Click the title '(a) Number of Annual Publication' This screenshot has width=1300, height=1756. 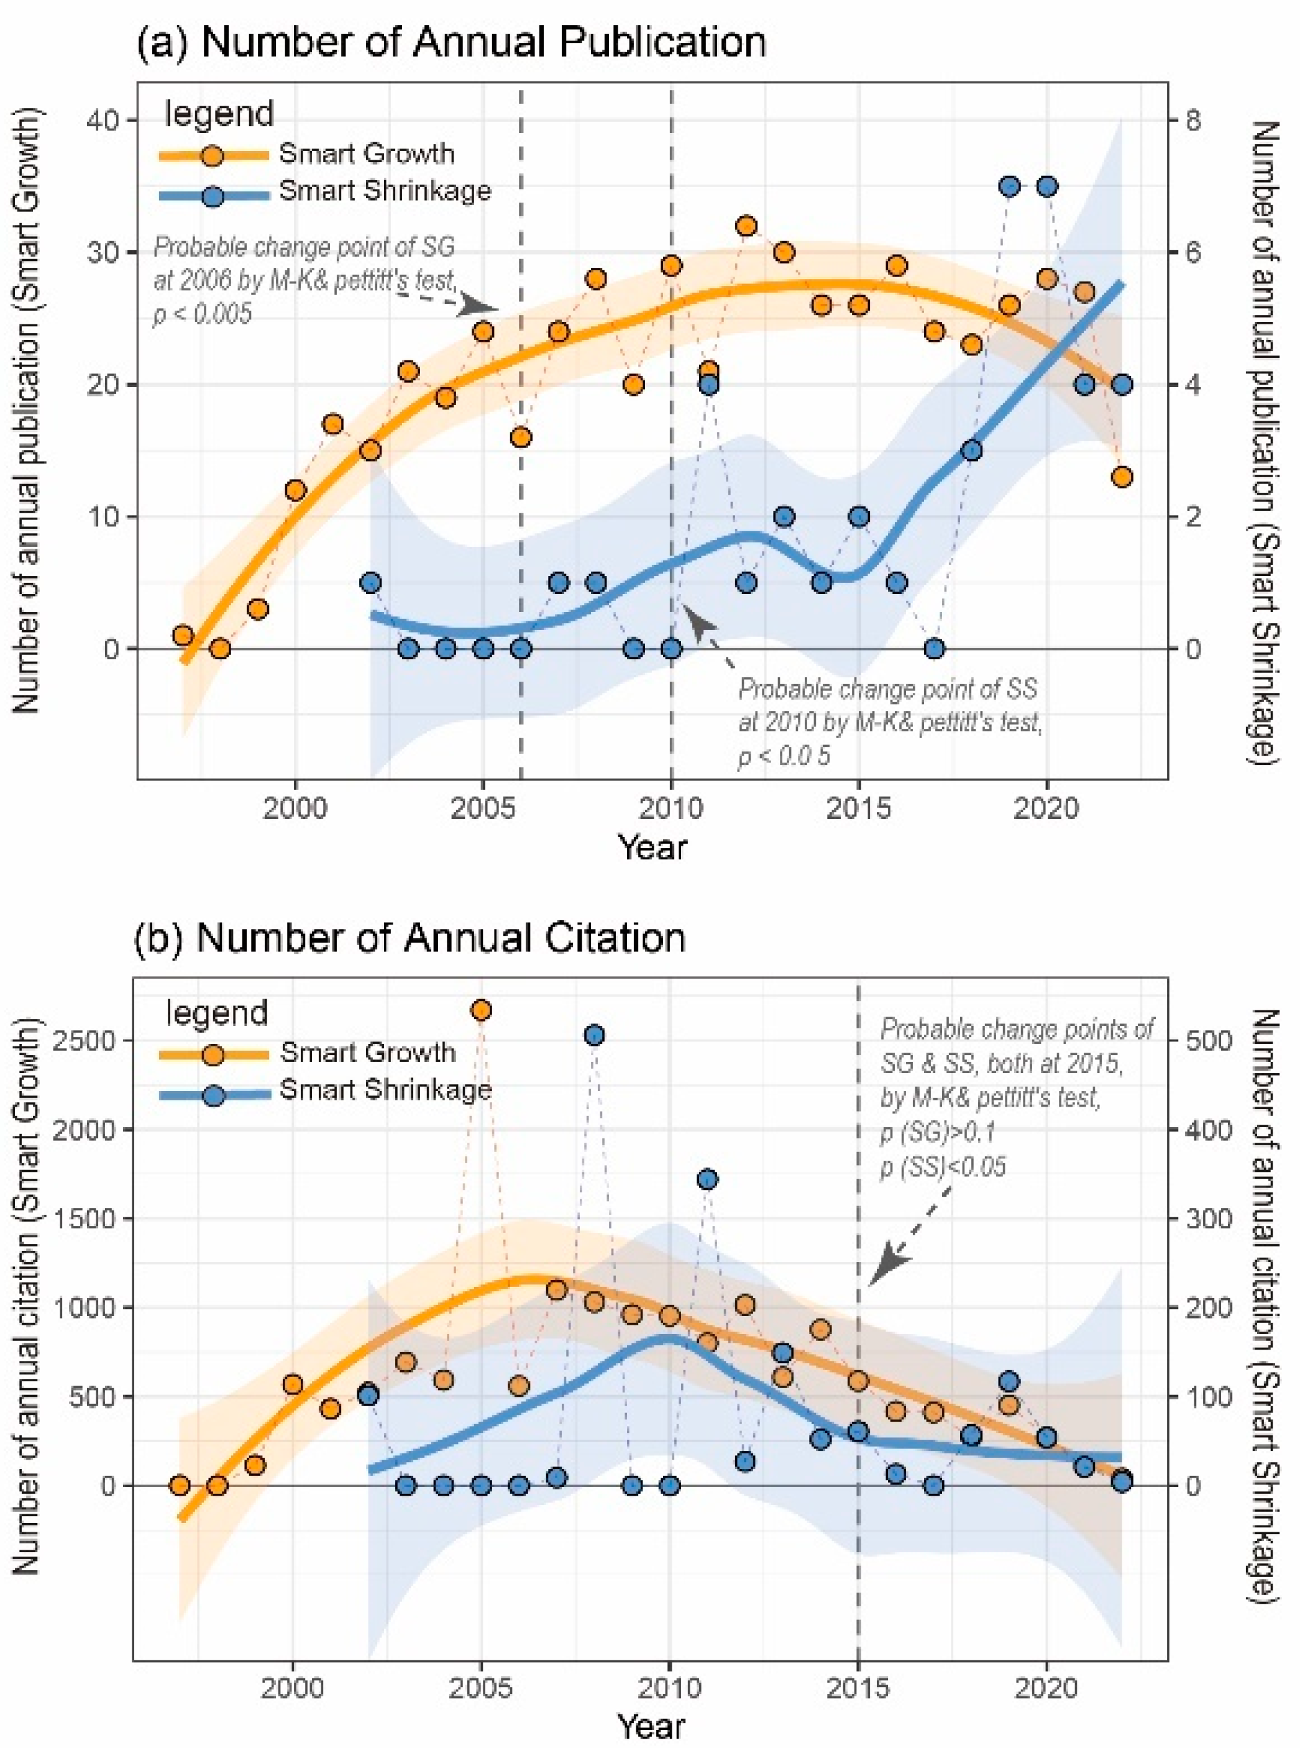click(451, 42)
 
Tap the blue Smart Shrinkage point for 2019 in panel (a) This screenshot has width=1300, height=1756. click(1010, 186)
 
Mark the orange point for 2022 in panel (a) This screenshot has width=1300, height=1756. click(1122, 477)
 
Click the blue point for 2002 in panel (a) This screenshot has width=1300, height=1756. click(370, 583)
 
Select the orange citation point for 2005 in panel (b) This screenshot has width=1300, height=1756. click(482, 1009)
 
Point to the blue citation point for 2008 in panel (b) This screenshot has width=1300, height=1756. click(595, 1035)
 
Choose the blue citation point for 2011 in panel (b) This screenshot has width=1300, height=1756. click(707, 1179)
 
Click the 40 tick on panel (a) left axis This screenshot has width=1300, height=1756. click(107, 121)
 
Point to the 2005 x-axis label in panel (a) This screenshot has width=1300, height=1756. click(482, 809)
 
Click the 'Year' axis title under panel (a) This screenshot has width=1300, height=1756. click(652, 848)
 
